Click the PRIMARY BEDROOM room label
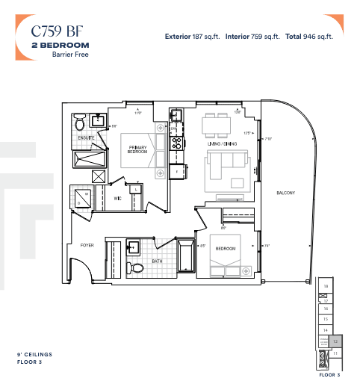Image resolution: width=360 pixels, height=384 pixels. point(137,149)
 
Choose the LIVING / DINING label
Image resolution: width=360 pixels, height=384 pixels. point(222,143)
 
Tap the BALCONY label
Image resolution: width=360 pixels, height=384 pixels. point(285,193)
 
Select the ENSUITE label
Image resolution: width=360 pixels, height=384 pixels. point(87,137)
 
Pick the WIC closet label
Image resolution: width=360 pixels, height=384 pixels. point(117,199)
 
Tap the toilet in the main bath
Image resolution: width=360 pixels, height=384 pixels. point(136,267)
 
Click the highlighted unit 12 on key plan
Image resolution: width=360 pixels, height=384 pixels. point(335,340)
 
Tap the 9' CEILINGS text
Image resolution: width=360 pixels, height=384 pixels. point(35,354)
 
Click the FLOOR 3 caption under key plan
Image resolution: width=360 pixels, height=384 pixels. point(329,374)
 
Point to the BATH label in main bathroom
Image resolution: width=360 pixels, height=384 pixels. point(157,261)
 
